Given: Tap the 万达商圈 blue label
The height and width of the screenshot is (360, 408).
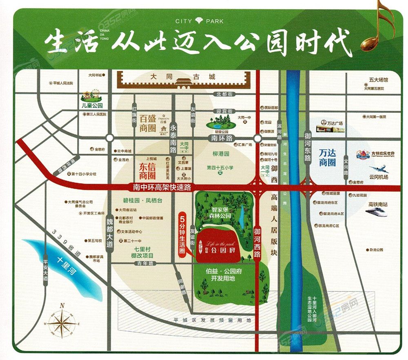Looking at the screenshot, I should pos(327,157).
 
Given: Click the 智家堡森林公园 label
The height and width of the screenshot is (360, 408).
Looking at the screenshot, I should pos(218,211).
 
